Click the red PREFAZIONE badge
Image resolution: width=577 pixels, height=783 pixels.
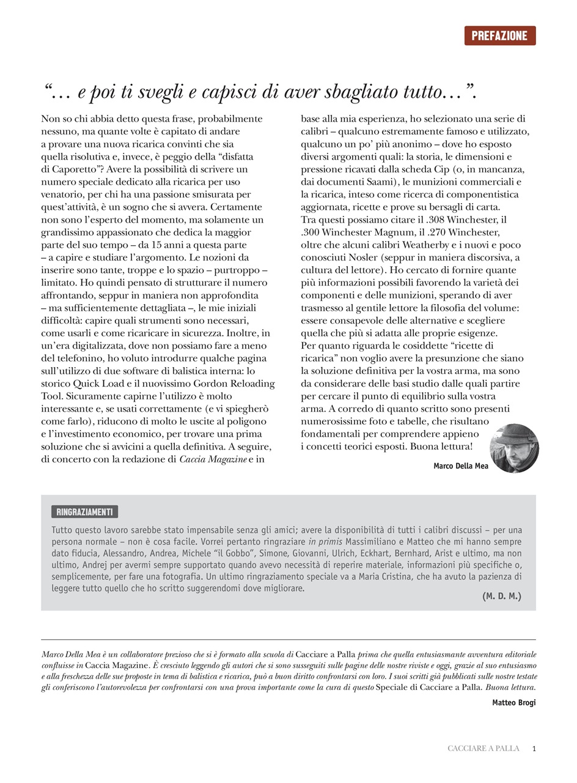coord(499,35)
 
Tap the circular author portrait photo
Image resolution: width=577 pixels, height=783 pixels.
coord(514,448)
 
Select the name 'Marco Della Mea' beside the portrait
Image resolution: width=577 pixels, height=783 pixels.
coord(460,466)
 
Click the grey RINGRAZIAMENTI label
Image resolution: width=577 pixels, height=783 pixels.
coord(84,512)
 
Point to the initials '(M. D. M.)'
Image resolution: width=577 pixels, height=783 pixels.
coord(501,596)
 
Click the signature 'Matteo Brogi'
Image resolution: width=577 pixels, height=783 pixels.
coord(513,702)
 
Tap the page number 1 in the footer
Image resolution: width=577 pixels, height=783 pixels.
coord(534,749)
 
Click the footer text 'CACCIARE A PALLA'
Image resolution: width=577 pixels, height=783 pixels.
coord(483,749)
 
